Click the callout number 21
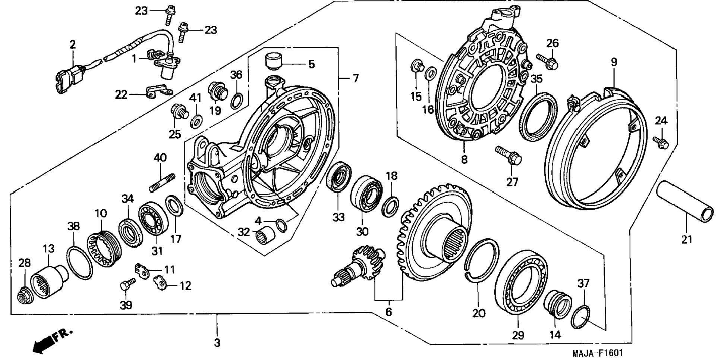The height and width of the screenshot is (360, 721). (686, 239)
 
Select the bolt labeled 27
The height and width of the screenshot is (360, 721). (509, 156)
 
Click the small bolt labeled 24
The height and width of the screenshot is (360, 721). (661, 142)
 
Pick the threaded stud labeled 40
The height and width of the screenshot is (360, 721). (162, 182)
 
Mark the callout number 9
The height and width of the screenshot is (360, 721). (614, 62)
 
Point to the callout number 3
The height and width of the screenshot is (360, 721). (217, 342)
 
